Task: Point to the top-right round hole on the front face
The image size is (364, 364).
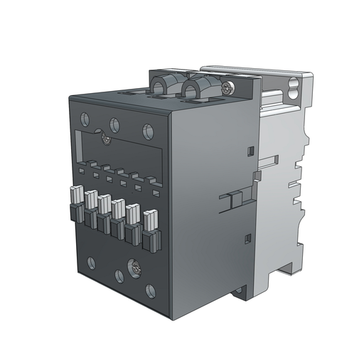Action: tap(147, 130)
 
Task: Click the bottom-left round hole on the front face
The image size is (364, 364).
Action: tap(90, 262)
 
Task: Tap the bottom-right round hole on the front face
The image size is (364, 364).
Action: tap(150, 290)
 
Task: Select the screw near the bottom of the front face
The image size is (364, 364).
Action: tap(134, 269)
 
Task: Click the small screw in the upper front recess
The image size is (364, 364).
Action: tap(105, 140)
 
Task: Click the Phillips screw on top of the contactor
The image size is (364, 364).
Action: tap(227, 88)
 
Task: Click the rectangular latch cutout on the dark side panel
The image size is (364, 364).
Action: tap(230, 202)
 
